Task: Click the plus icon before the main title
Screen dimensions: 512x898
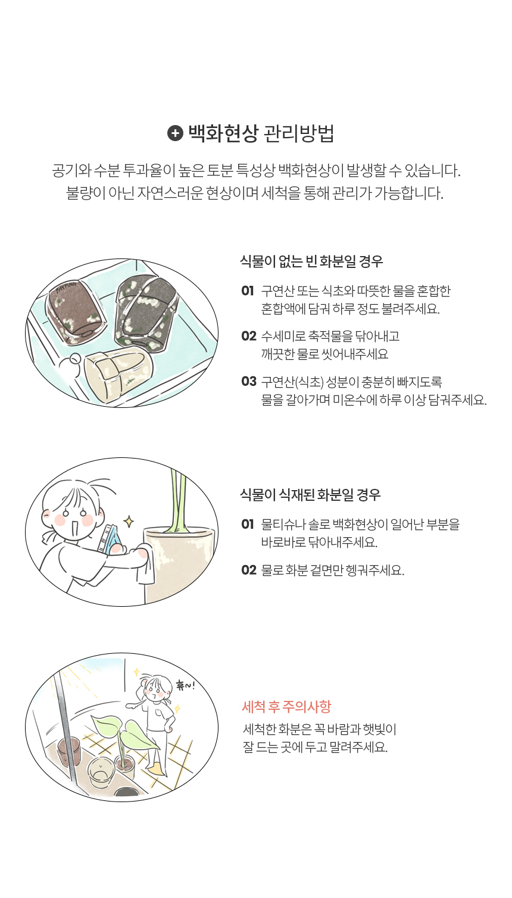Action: tap(175, 133)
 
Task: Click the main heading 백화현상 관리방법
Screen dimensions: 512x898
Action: tap(261, 133)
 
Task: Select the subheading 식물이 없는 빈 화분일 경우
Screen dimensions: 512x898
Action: tap(311, 261)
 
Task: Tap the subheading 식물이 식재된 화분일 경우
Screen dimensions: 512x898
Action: tap(310, 495)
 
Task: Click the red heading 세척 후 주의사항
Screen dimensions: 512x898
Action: tap(287, 706)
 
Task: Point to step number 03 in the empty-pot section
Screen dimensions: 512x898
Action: tap(249, 381)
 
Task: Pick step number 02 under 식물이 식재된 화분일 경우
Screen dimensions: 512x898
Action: tap(249, 570)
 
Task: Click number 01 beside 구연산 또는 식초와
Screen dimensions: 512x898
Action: tap(248, 290)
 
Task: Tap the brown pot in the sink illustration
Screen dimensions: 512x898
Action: tap(76, 311)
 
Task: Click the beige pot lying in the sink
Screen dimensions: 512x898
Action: tap(119, 372)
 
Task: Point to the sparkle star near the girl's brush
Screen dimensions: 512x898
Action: tap(129, 522)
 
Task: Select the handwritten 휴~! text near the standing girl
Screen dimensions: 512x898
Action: tap(185, 685)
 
